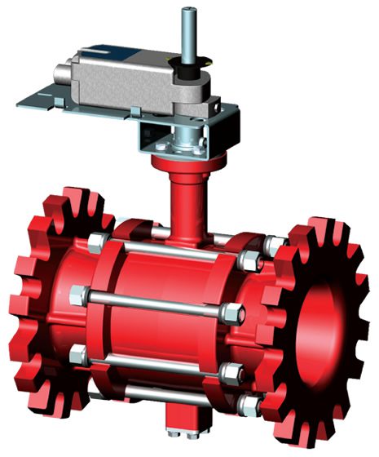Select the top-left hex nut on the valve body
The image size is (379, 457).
[x=97, y=242]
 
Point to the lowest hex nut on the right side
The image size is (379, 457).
[x=249, y=401]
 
